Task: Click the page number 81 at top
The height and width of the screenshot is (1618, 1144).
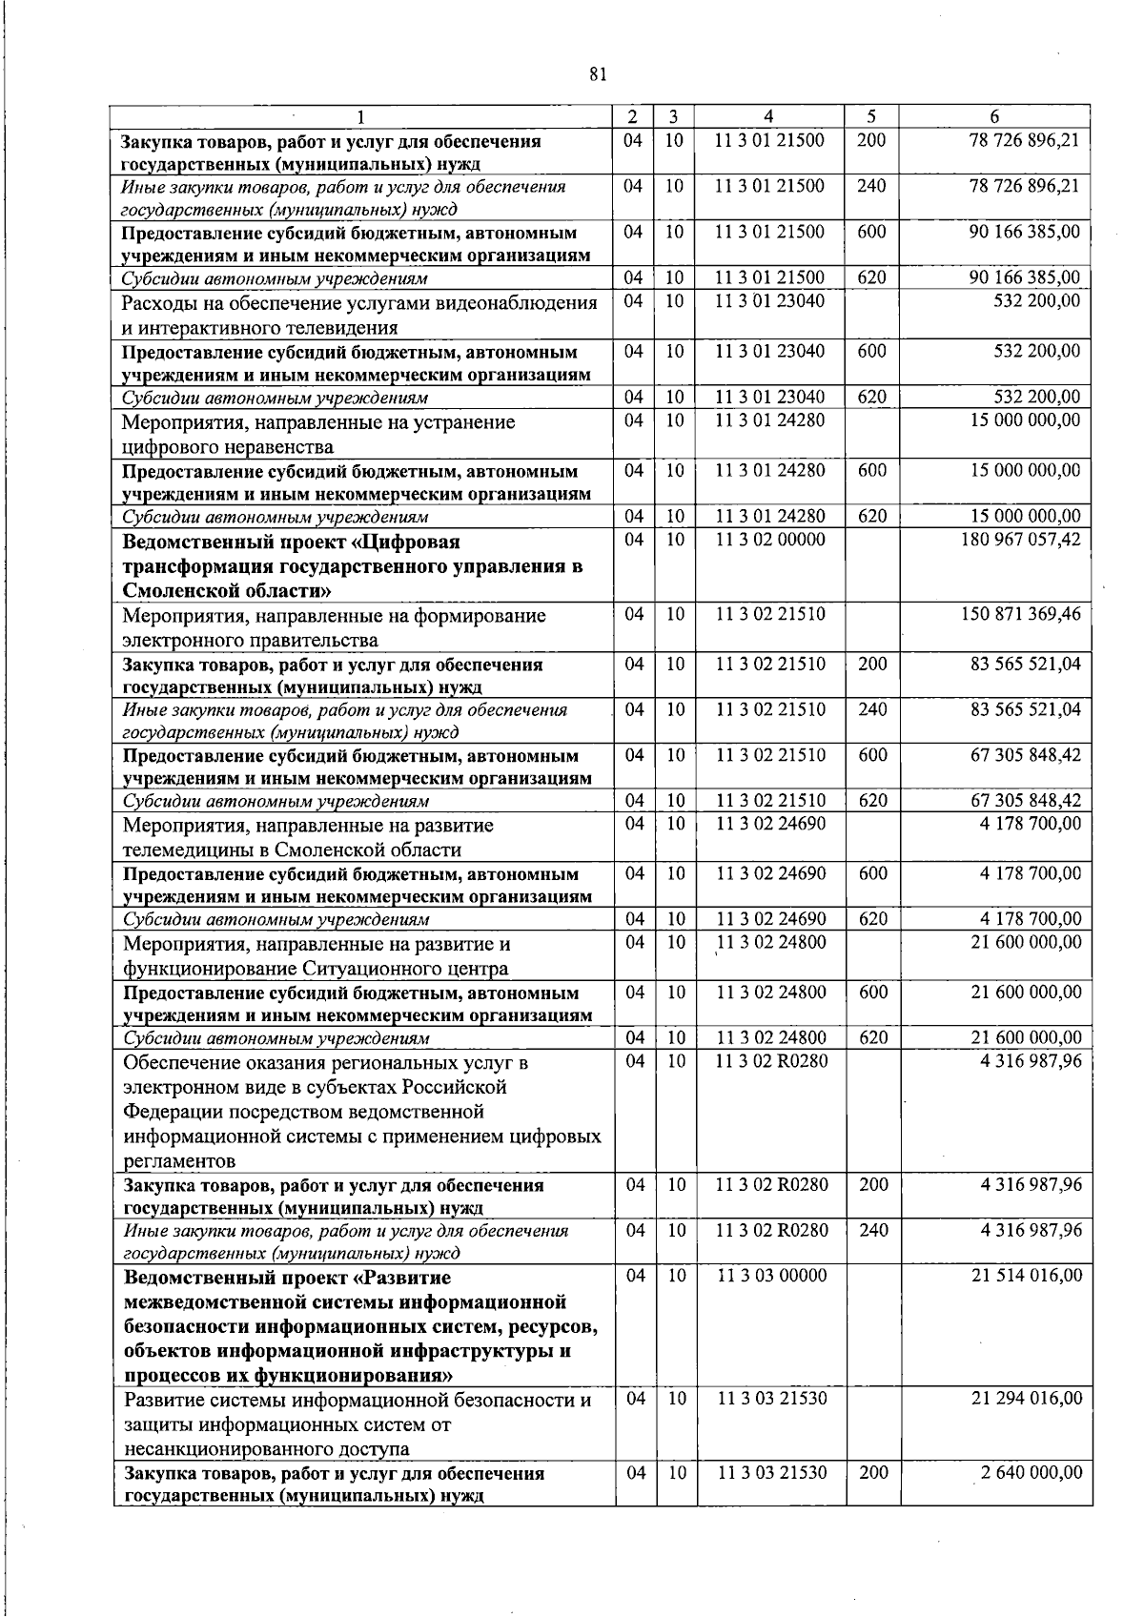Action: click(598, 75)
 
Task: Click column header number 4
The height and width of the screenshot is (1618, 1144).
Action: click(768, 116)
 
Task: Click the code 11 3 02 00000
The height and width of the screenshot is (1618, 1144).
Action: click(770, 540)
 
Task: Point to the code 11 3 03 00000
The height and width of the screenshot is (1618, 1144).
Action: click(771, 1276)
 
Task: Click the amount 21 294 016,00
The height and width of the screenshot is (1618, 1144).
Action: click(1026, 1399)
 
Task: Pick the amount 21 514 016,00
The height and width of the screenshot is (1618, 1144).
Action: click(1026, 1276)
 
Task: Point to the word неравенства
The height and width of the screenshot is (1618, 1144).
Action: click(276, 446)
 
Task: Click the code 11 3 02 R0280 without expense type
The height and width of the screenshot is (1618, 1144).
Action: click(771, 1061)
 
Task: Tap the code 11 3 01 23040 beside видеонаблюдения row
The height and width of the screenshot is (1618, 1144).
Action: click(770, 301)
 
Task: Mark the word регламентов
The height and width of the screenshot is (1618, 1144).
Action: click(179, 1161)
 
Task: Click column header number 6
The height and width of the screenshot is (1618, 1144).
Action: click(994, 116)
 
